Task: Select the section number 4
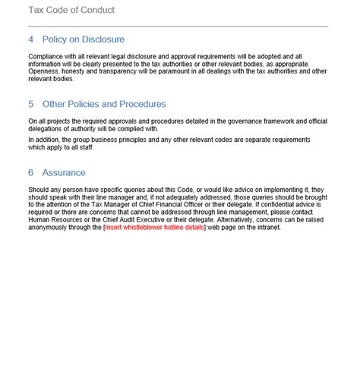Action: [31, 39]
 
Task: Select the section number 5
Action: [31, 104]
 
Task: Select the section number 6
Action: [31, 173]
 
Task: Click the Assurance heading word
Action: [64, 173]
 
